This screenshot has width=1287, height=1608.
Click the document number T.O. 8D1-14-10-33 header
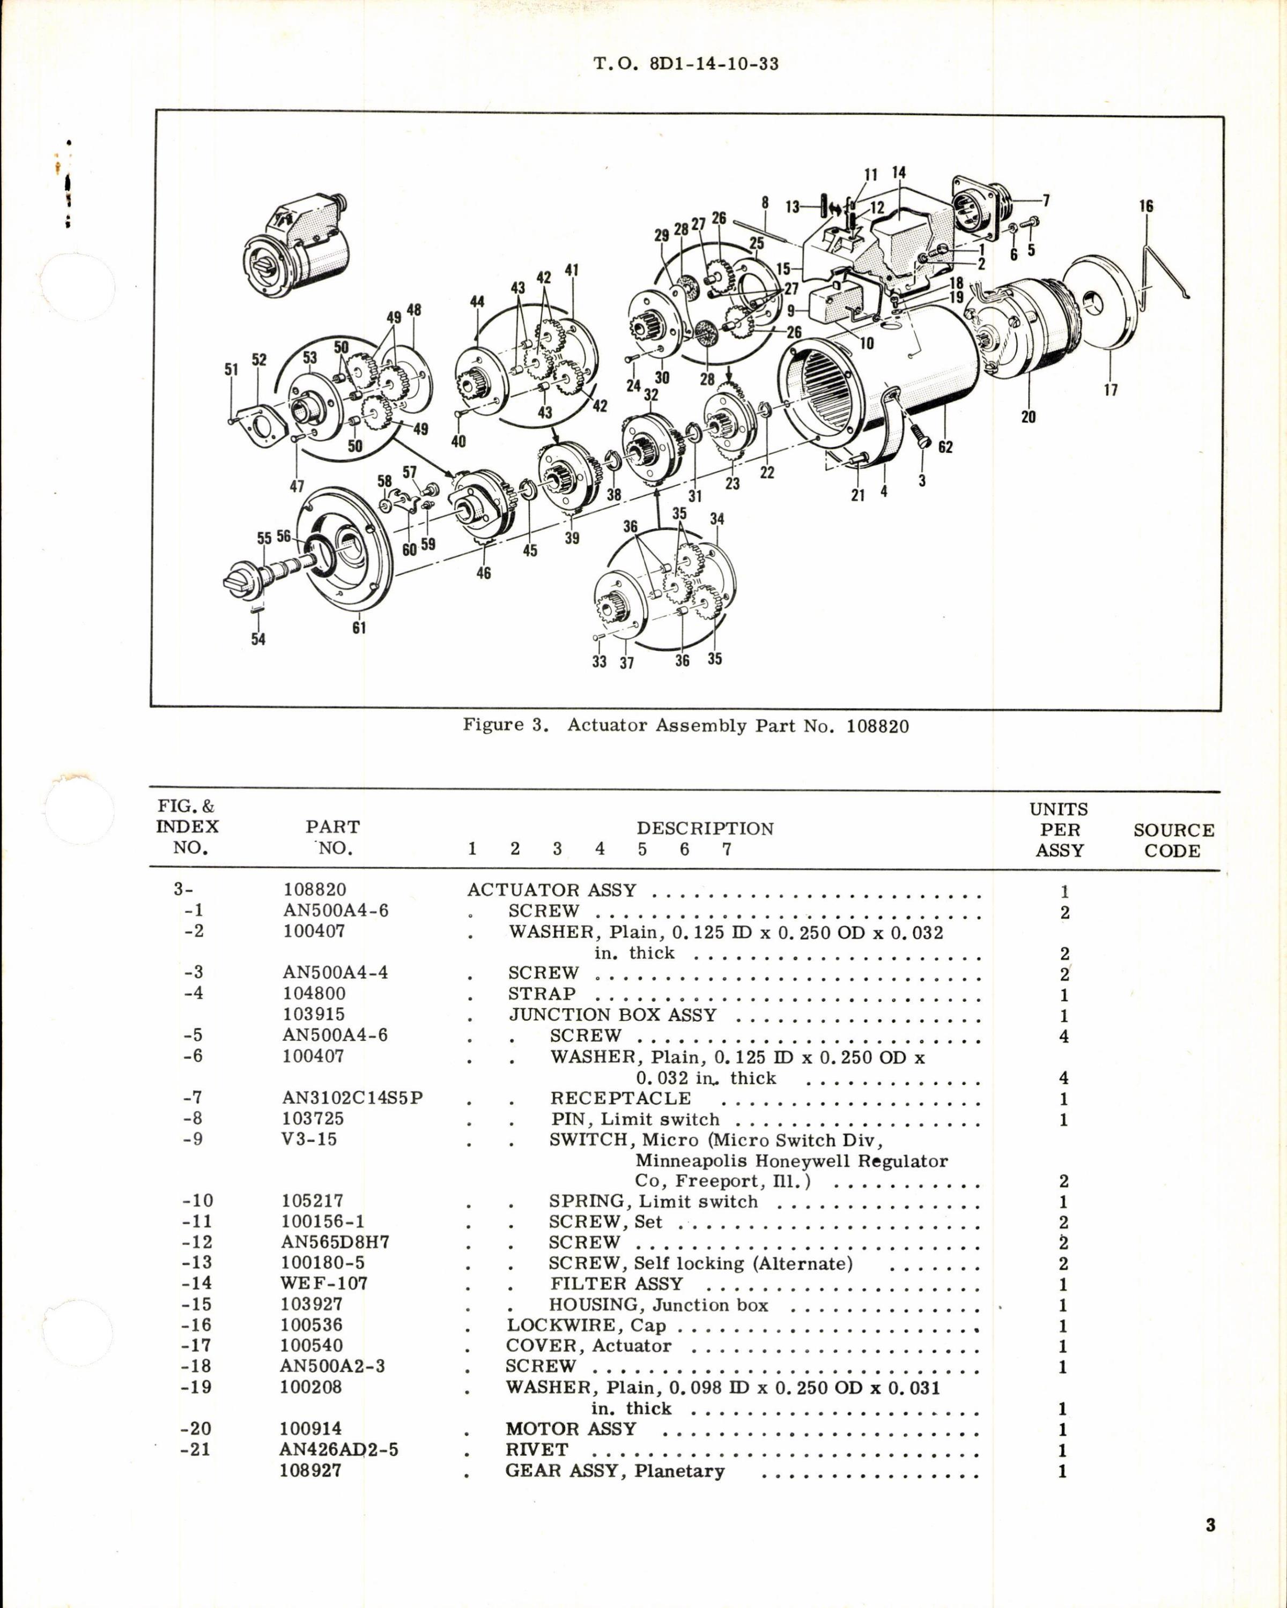(686, 64)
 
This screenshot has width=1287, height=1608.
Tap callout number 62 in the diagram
(945, 448)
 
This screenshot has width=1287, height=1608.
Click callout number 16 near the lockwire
(1146, 206)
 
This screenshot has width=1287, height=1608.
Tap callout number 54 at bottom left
(258, 639)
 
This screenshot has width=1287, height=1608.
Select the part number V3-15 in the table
(309, 1139)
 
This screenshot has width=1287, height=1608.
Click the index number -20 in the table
(196, 1428)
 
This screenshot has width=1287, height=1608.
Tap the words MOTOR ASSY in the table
(571, 1429)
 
